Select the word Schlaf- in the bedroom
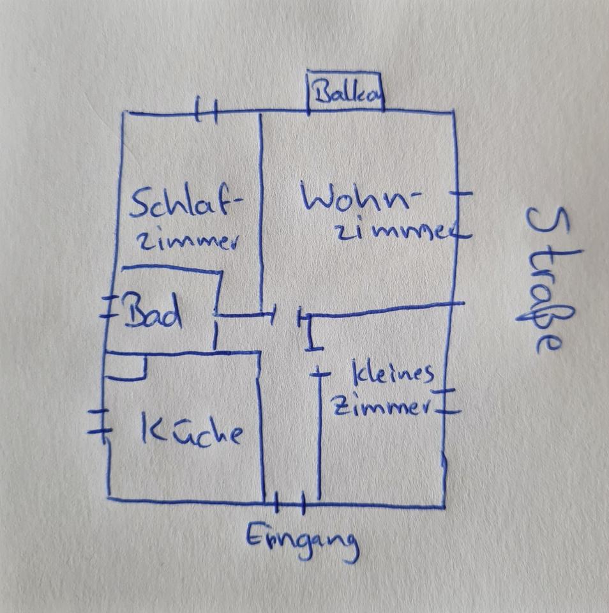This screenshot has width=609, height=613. pyautogui.click(x=186, y=202)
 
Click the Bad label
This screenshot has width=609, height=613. pyautogui.click(x=153, y=312)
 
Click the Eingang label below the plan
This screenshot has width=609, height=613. pyautogui.click(x=302, y=541)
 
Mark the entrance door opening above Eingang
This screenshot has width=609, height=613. pyautogui.click(x=290, y=503)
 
